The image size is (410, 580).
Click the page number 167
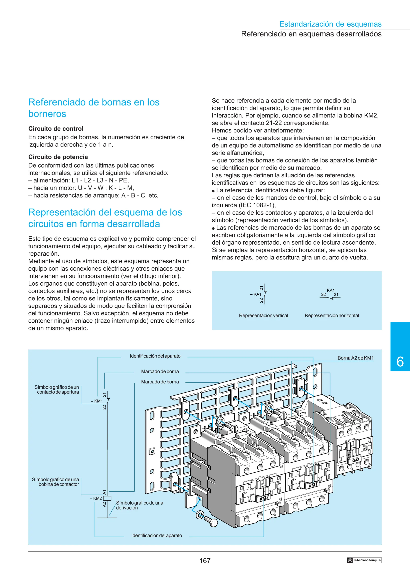(205, 561)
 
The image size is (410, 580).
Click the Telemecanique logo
(364, 560)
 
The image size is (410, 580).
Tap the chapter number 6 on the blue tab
(400, 362)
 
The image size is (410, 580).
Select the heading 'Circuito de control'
(56, 128)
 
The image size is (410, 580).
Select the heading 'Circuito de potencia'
(58, 157)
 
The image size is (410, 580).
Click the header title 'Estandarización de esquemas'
(330, 24)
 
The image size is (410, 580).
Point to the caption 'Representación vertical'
(263, 315)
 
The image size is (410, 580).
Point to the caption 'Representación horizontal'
(332, 315)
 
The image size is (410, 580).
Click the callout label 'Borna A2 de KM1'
(355, 358)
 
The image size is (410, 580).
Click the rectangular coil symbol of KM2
(107, 498)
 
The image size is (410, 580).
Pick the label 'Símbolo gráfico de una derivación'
(140, 505)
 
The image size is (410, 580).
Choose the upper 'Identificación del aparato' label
(155, 356)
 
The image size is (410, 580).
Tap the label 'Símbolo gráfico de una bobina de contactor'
(56, 482)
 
